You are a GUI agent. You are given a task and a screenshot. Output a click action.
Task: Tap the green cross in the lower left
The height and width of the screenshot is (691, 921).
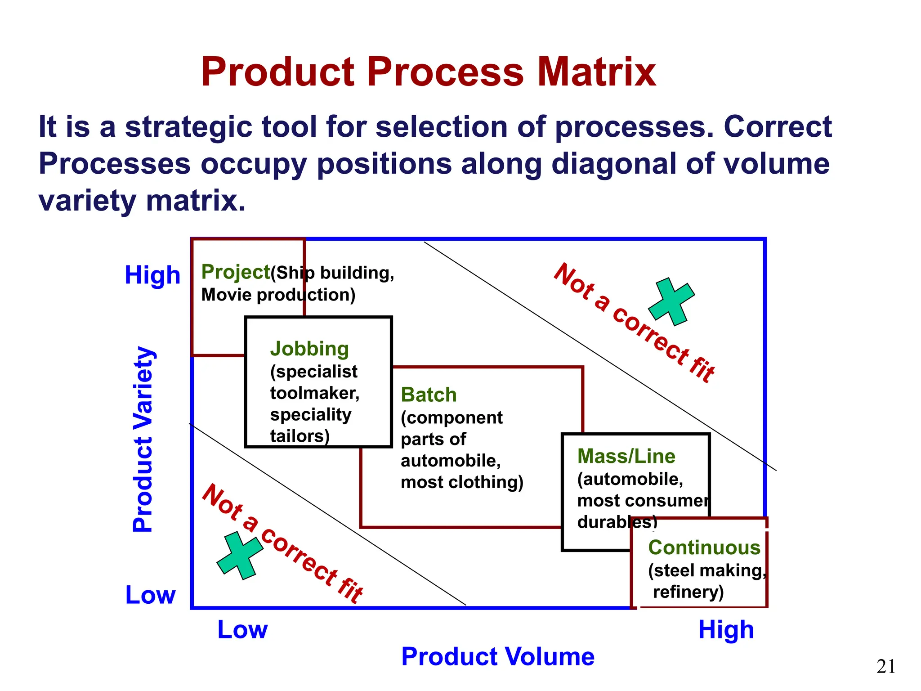tap(240, 555)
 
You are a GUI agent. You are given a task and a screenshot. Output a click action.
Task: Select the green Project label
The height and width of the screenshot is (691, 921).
tap(235, 272)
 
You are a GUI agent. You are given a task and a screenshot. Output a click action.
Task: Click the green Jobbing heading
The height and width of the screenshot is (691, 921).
tap(309, 349)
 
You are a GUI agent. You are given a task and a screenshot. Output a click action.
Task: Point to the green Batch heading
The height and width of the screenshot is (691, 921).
tap(429, 395)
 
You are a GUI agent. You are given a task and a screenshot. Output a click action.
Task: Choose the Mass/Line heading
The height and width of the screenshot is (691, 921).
tap(626, 456)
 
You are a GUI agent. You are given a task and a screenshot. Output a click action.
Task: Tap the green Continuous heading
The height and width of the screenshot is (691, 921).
tap(704, 547)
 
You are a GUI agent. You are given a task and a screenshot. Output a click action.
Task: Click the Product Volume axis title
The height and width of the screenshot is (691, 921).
tap(497, 656)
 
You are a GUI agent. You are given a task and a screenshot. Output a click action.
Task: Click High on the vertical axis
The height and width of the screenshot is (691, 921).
tap(152, 275)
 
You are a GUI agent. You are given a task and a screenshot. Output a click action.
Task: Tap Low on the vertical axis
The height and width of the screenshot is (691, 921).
tap(150, 595)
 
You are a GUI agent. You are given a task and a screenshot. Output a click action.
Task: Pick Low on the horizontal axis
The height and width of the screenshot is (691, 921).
tap(242, 629)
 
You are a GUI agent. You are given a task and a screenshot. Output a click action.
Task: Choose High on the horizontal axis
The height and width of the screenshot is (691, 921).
tap(726, 629)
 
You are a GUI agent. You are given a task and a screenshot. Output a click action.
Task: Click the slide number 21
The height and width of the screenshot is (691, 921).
tap(885, 666)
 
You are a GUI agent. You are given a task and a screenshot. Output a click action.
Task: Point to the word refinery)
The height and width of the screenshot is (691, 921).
tap(688, 592)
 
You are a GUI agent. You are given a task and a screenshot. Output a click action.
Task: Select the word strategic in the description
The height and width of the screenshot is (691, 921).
tap(188, 127)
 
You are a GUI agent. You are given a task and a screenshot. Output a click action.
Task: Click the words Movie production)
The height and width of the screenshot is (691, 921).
tap(278, 295)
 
